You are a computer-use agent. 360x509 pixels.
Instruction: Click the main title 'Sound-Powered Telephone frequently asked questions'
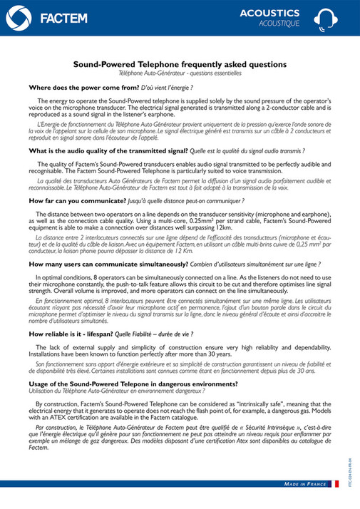180,64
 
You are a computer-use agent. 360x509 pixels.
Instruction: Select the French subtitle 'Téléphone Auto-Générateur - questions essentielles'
180,73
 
